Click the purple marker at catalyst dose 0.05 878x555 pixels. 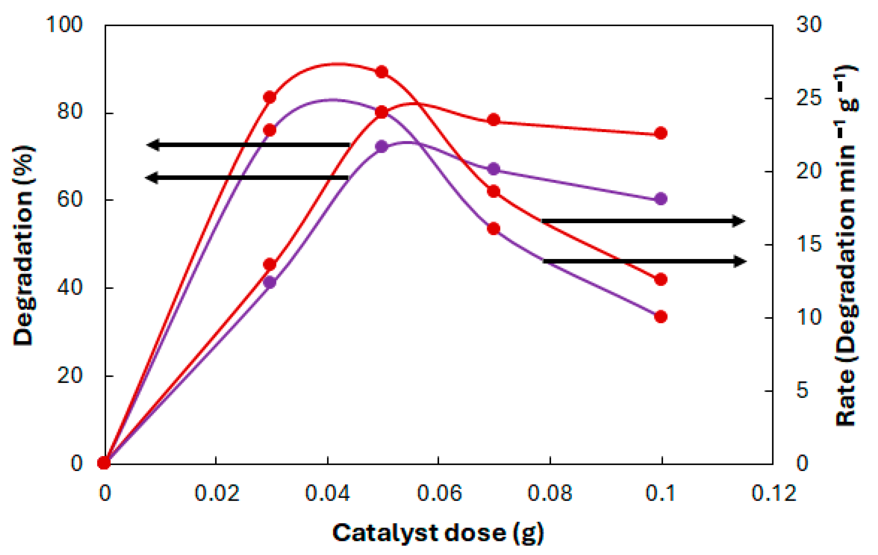[x=381, y=147]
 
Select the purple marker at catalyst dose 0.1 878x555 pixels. [x=661, y=199]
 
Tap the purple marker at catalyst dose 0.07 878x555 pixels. [x=494, y=169]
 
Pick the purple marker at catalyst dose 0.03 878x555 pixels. [x=270, y=282]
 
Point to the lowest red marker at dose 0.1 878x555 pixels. [x=661, y=317]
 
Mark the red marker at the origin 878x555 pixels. [x=104, y=463]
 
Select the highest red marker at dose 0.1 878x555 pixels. [x=661, y=133]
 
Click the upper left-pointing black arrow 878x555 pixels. [x=248, y=145]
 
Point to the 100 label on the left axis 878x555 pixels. [x=64, y=25]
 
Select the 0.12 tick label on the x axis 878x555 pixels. [x=773, y=493]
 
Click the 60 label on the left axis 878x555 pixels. [x=70, y=199]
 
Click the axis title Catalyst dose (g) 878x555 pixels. [x=438, y=534]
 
